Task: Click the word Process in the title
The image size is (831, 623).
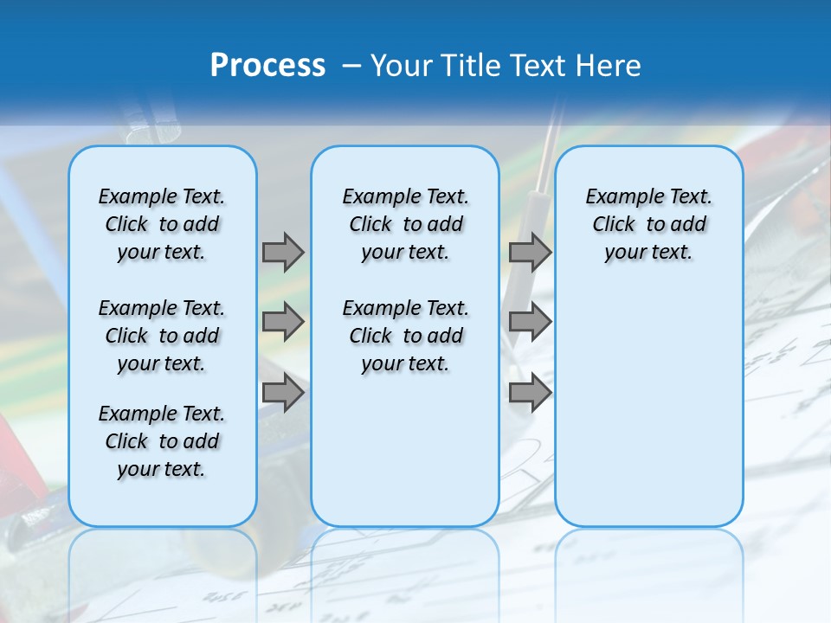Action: point(267,66)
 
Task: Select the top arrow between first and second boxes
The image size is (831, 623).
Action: point(283,252)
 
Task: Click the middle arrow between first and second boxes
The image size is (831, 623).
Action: point(283,322)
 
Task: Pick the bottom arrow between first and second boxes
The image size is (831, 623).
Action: point(283,393)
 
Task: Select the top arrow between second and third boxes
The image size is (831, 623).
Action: point(530,252)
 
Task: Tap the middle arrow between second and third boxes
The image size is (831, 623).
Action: point(530,322)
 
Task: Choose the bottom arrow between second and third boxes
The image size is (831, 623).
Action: point(530,393)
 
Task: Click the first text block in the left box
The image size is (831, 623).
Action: point(162,224)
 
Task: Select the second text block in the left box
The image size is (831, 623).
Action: point(162,336)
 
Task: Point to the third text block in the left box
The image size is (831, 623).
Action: point(162,441)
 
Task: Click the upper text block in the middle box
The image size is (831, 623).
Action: point(405,224)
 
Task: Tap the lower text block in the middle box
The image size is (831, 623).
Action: point(405,336)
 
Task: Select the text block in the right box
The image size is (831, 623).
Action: point(649,224)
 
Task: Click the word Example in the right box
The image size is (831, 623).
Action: point(619,197)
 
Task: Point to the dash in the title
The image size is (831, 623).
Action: point(351,66)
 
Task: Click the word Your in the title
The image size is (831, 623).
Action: point(401,66)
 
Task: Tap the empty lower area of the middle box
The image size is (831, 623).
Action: point(405,450)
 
